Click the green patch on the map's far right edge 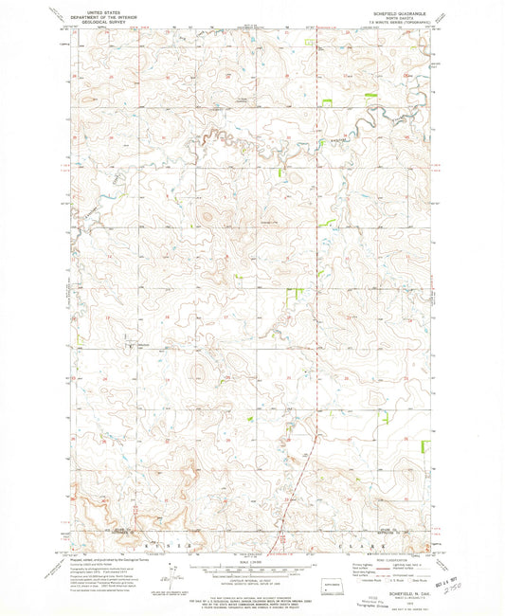(434, 297)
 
